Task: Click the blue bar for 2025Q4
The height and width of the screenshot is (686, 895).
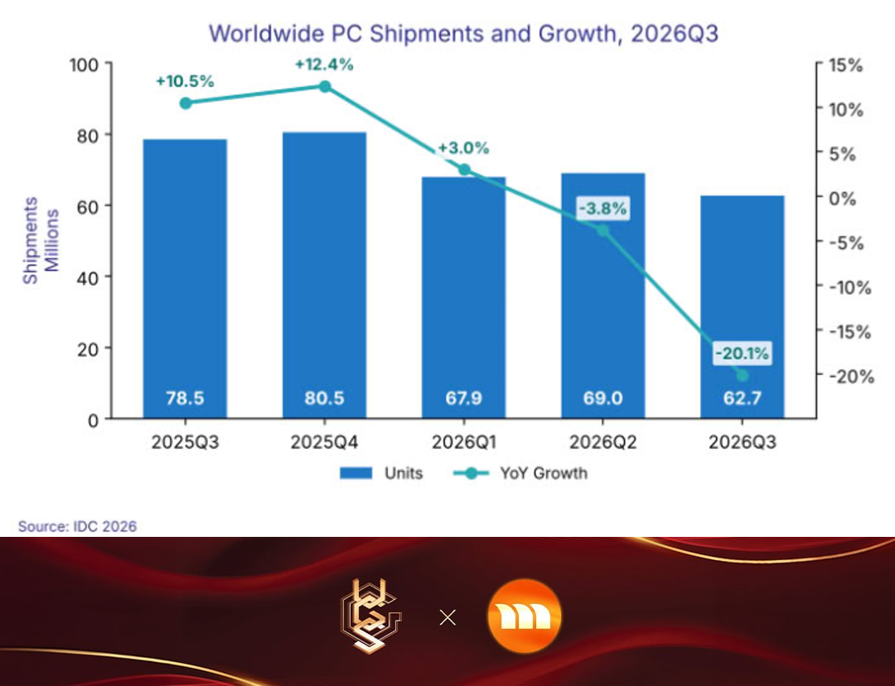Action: (x=324, y=275)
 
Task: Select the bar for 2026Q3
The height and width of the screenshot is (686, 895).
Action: (x=742, y=307)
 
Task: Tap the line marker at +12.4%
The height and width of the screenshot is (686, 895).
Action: (x=325, y=87)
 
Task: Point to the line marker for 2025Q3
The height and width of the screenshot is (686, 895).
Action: (x=186, y=104)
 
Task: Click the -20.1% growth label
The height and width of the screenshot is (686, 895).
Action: (x=742, y=353)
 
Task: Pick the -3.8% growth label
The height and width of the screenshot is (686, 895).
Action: (x=602, y=208)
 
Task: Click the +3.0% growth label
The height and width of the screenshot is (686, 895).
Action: (x=463, y=147)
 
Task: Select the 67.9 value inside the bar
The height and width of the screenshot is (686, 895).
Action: (x=463, y=398)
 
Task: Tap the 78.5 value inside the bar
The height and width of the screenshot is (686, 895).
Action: (x=185, y=398)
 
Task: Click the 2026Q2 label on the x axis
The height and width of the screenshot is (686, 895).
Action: (x=602, y=442)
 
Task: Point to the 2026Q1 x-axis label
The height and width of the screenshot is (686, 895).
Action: (x=463, y=442)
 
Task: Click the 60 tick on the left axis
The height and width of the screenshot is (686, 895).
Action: (x=87, y=206)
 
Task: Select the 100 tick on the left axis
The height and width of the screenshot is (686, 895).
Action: (x=84, y=65)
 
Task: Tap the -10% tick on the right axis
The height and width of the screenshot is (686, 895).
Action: (x=850, y=287)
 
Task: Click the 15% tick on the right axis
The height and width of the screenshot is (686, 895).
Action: (x=845, y=65)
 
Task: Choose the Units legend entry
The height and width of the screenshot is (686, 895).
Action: (x=381, y=473)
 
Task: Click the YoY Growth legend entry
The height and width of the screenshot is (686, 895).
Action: (x=520, y=473)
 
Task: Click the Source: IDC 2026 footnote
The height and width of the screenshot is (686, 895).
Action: (x=77, y=526)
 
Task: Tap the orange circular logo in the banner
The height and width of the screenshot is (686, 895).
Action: (x=525, y=616)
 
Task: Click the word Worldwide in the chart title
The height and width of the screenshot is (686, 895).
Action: (x=267, y=33)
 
